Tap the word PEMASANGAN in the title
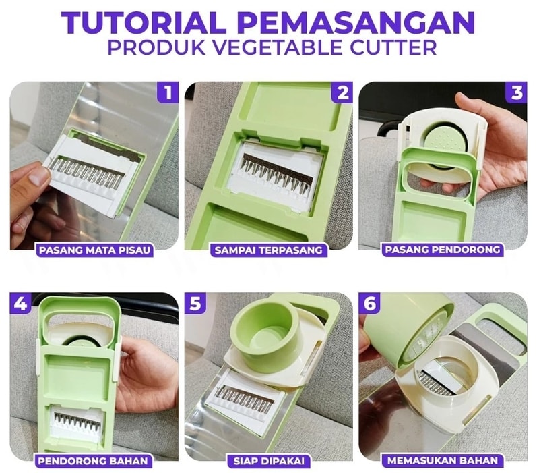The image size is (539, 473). (356, 23)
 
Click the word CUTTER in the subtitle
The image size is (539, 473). (393, 47)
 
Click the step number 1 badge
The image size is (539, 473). (168, 92)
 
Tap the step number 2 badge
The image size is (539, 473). (342, 92)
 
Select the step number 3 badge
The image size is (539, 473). (517, 92)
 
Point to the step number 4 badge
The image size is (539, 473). (21, 303)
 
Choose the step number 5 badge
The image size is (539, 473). (195, 303)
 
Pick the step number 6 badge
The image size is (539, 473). (369, 303)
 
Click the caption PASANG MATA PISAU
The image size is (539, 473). (94, 250)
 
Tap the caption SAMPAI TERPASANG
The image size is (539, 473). (268, 250)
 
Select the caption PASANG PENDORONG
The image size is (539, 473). (443, 250)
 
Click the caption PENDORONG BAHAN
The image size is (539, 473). (93, 461)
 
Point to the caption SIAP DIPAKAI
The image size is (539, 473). (269, 461)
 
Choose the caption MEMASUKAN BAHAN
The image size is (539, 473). (443, 461)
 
